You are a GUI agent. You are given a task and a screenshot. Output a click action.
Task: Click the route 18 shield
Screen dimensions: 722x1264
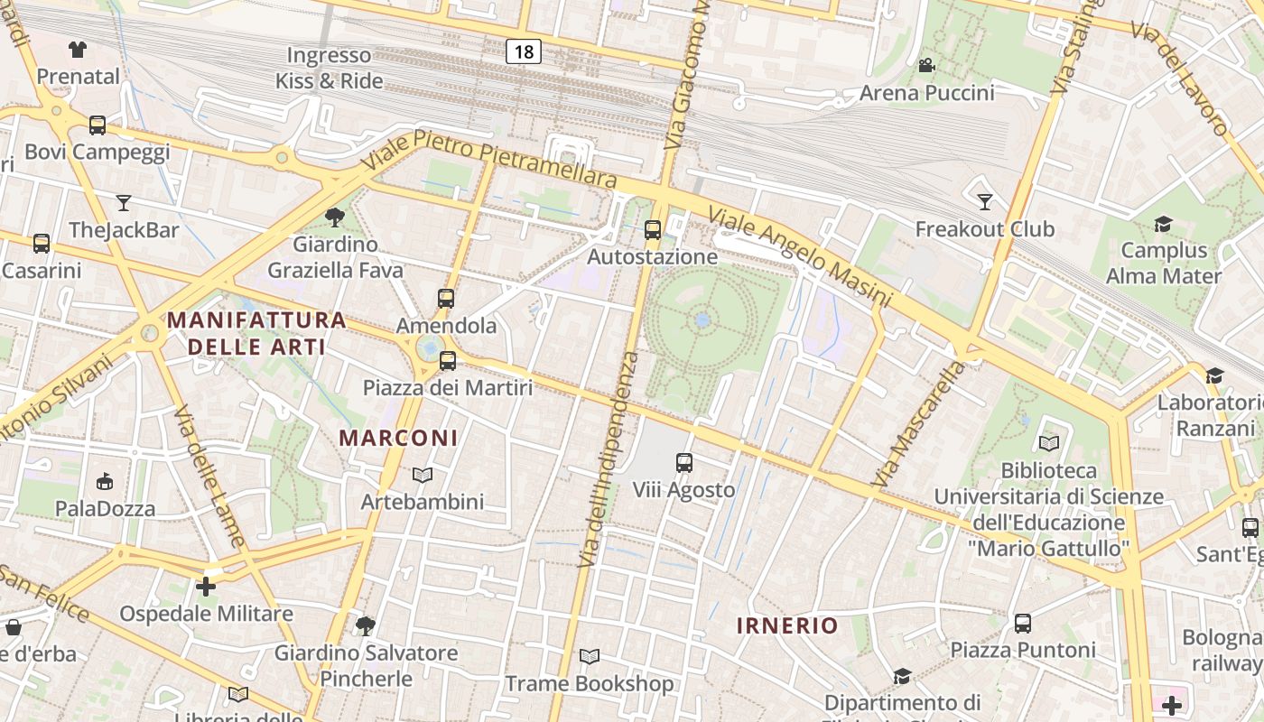(524, 51)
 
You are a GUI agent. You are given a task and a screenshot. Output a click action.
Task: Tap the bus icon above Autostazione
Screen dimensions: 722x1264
(653, 230)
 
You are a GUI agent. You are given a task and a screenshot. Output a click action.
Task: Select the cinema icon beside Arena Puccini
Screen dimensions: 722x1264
(926, 65)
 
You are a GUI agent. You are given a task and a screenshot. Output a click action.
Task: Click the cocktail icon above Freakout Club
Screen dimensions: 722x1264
(984, 201)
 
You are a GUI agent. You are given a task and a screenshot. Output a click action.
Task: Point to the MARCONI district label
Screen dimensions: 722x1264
(398, 438)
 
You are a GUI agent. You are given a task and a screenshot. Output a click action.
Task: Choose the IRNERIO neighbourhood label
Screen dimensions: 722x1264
(787, 625)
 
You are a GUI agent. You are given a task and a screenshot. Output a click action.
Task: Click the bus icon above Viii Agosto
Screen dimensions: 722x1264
(684, 463)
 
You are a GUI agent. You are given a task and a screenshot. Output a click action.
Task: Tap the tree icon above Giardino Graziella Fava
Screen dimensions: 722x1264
(335, 217)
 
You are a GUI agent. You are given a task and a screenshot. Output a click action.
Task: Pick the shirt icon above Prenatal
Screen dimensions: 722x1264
(78, 50)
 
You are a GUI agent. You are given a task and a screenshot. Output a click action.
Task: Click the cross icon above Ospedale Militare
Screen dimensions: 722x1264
(206, 587)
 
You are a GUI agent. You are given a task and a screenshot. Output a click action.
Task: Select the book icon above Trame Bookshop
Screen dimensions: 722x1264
(590, 656)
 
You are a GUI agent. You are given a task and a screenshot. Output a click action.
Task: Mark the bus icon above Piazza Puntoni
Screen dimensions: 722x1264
(1023, 623)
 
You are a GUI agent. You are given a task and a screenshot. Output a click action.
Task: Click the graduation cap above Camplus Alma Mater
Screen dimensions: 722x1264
(1163, 223)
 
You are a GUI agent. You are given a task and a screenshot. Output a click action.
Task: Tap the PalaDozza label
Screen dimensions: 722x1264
(106, 508)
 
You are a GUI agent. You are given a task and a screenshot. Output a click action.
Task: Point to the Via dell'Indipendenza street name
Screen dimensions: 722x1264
(607, 460)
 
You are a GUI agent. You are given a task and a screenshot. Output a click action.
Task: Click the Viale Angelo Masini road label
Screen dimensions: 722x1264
(800, 256)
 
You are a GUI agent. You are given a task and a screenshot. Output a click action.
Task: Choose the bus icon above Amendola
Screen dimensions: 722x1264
(446, 298)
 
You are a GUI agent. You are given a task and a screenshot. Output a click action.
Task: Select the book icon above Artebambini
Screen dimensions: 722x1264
(423, 475)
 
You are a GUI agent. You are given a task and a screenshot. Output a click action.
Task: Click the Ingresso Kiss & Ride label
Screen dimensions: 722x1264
(330, 68)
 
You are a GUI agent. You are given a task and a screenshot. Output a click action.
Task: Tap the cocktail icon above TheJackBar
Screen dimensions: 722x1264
(124, 202)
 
